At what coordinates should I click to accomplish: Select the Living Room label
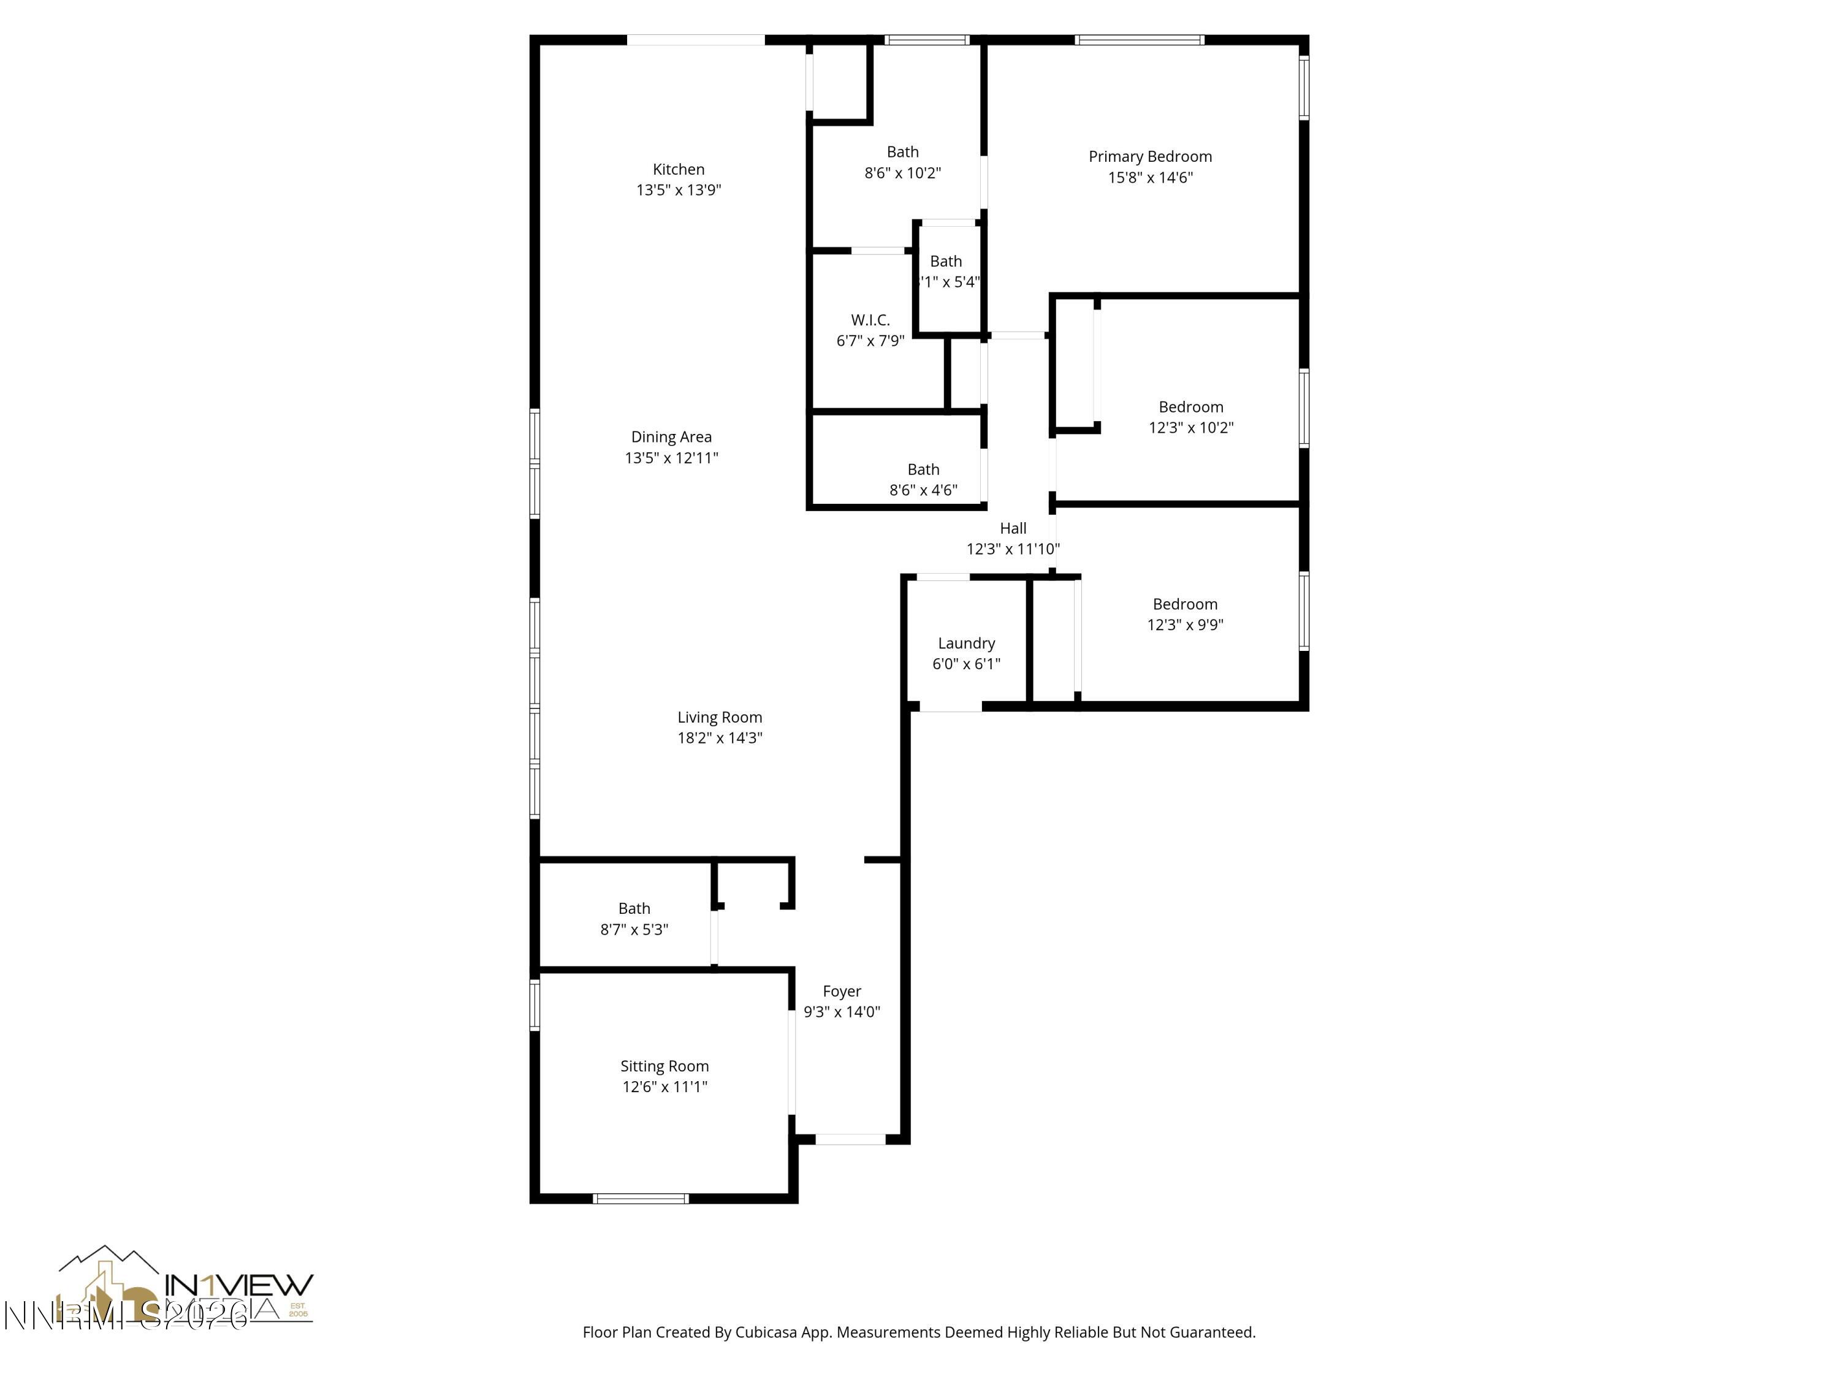pos(719,717)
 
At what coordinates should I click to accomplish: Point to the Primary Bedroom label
pos(1150,157)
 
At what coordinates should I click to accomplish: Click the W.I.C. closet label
pos(870,320)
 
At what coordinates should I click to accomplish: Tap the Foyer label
pos(842,991)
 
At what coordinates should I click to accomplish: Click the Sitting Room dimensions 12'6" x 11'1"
pos(664,1087)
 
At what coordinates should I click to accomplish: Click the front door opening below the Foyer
pos(850,1139)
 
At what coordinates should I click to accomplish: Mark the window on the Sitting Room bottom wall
pos(640,1198)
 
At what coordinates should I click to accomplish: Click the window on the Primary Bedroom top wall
pos(1138,40)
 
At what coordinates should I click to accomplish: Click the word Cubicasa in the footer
pos(766,1332)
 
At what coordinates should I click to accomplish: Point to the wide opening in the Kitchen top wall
pos(695,40)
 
